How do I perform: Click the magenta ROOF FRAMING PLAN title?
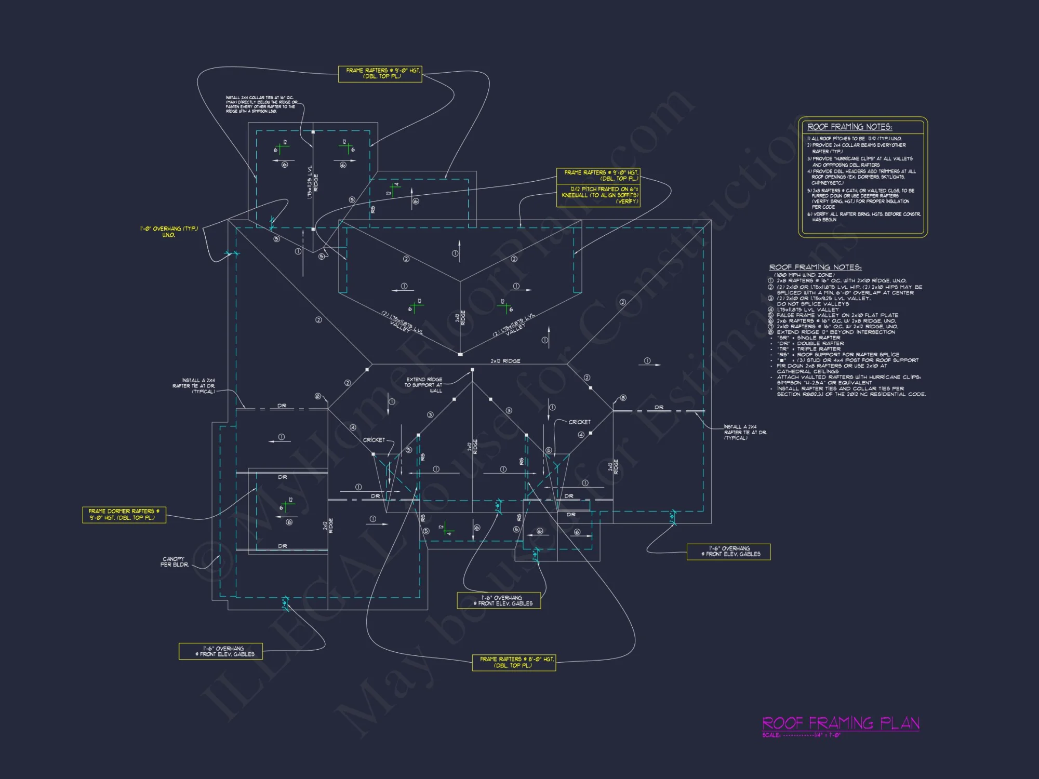840,723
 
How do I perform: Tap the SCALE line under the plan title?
801,735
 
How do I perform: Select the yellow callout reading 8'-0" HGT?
514,662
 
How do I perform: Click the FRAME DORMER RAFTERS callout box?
124,515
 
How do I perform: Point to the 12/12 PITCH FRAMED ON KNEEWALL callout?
598,195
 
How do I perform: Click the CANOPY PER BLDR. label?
174,562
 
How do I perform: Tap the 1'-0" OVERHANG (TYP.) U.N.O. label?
169,232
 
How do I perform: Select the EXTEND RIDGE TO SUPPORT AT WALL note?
423,385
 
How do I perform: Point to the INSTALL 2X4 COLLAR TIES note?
261,104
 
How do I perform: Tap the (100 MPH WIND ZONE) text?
804,275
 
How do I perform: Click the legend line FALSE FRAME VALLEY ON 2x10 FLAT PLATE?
837,315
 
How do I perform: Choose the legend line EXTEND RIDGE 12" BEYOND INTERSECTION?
835,332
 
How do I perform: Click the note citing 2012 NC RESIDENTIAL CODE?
851,394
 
